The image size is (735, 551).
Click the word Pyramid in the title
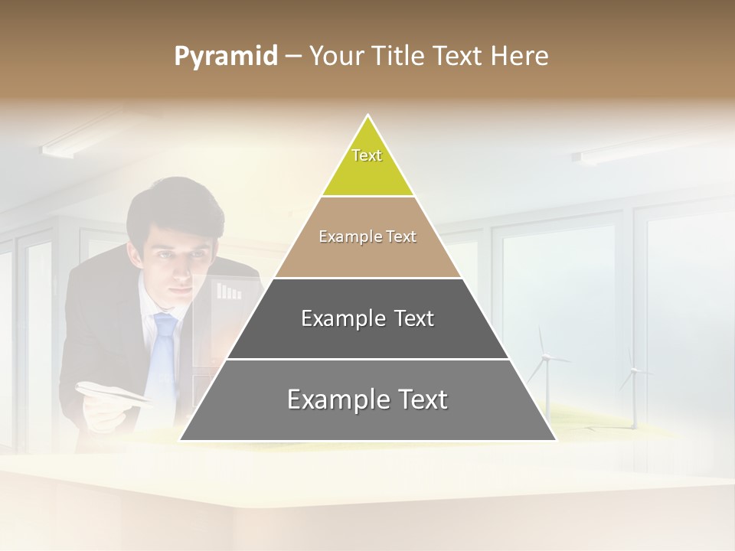tap(225, 57)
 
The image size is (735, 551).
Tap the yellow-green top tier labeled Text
tap(367, 165)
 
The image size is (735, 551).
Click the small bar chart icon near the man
tap(228, 291)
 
